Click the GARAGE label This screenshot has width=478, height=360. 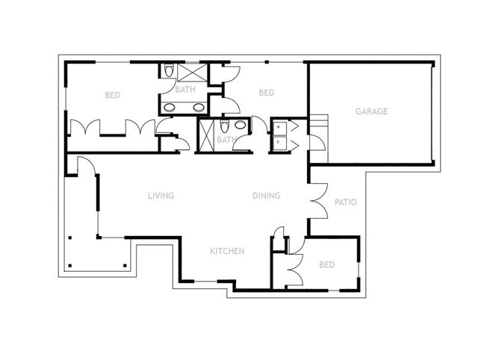[x=371, y=112]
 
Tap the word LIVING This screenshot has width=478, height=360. [x=161, y=196]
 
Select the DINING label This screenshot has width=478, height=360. [x=266, y=196]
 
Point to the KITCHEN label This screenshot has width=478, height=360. [x=227, y=251]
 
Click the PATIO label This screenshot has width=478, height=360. [x=344, y=202]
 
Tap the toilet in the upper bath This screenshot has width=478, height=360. [x=168, y=72]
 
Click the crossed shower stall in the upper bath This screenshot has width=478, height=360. [x=192, y=72]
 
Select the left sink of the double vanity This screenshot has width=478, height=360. [x=170, y=107]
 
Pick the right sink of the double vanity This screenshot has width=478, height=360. [x=199, y=107]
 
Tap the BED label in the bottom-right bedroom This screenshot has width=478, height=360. [x=326, y=265]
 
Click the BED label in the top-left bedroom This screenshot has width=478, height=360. [x=113, y=95]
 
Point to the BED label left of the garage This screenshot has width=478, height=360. [x=266, y=93]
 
